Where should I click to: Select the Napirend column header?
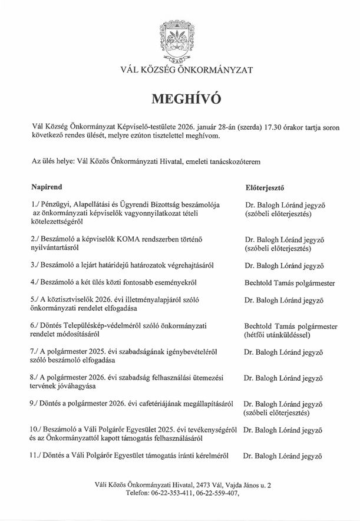(47, 187)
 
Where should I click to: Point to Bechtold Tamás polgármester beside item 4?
(290, 283)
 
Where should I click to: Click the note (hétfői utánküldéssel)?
(281, 335)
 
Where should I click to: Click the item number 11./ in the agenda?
(37, 455)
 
